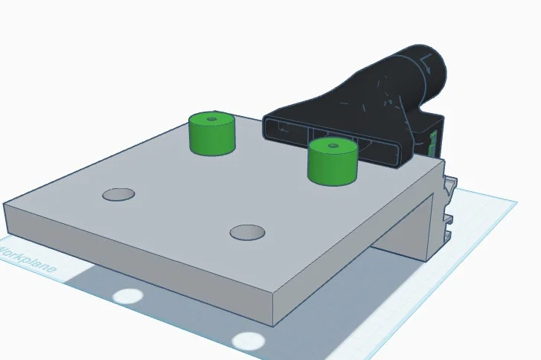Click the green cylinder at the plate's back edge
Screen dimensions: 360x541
point(211,137)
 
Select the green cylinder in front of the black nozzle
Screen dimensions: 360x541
point(332,164)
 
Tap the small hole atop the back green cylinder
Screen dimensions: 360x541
point(211,118)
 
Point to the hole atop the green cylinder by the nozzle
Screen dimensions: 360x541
point(332,141)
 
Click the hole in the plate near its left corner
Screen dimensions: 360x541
point(118,195)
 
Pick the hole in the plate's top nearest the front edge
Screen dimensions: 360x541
point(247,233)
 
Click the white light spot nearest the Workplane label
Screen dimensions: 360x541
point(127,295)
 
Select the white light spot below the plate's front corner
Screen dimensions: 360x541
point(248,341)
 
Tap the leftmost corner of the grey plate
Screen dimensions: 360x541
point(6,203)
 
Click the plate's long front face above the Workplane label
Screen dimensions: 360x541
point(134,260)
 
